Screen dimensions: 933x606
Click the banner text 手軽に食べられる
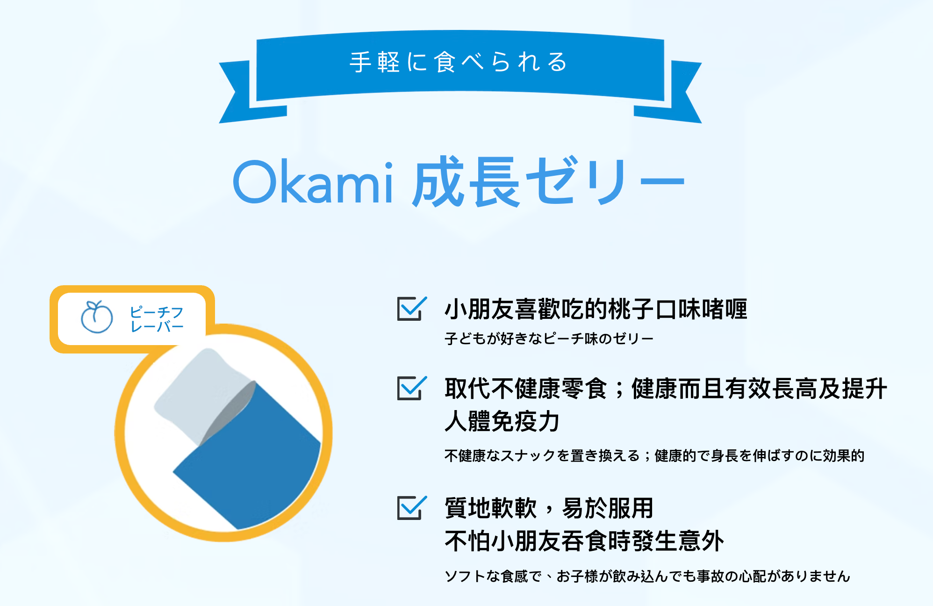point(459,62)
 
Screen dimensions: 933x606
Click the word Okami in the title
point(313,182)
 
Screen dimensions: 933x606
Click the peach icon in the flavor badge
point(97,317)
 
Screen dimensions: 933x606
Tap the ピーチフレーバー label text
point(157,319)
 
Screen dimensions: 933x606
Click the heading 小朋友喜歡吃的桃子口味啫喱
point(596,309)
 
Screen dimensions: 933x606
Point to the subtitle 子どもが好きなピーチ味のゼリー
point(549,338)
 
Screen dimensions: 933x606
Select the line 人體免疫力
point(502,421)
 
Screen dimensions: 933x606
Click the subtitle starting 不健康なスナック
point(654,455)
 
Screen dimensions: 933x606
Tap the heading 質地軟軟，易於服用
point(549,508)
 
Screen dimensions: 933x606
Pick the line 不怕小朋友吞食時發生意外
point(584,541)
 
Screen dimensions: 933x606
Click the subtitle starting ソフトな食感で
point(647,576)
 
